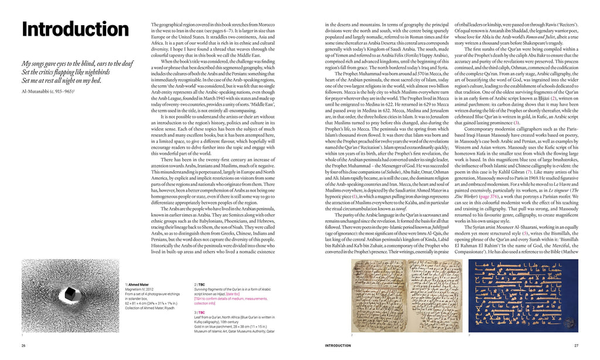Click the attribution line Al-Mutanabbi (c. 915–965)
pos(48,91)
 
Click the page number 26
pos(23,345)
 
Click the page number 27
pos(576,345)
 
